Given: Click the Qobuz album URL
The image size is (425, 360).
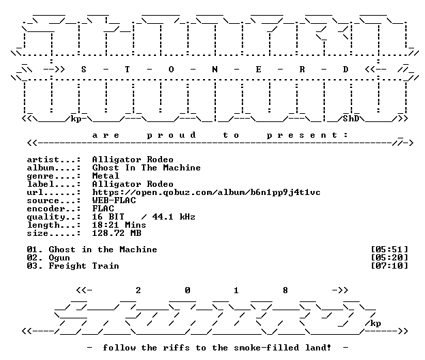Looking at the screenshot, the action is click(x=206, y=193).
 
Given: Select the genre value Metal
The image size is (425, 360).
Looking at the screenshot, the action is click(x=106, y=176).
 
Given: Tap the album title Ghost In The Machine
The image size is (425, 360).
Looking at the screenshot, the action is click(x=146, y=168).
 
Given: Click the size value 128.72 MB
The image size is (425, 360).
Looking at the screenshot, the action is click(x=116, y=233).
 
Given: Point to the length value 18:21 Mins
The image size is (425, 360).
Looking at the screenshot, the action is click(x=119, y=225).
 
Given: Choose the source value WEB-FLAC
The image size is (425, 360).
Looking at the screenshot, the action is click(x=114, y=200).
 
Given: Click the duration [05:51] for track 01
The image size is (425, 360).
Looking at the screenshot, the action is click(x=389, y=250).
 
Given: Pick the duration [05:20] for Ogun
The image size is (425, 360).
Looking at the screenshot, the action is click(x=389, y=258).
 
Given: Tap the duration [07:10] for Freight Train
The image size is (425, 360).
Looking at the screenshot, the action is click(x=389, y=266).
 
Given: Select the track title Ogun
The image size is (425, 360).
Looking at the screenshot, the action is click(x=59, y=258).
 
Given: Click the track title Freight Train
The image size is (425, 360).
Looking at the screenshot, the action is click(x=84, y=266).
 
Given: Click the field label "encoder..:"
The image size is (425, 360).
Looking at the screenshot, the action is click(x=53, y=209).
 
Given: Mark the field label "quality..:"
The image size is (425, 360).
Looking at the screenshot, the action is click(x=53, y=217).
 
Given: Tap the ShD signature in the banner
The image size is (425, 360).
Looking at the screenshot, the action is click(x=351, y=119).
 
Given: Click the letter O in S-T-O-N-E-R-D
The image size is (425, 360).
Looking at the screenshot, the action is click(x=171, y=70).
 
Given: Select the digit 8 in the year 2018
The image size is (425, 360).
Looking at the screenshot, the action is click(x=285, y=290).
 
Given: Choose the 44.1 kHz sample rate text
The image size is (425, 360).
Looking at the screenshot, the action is click(x=174, y=217).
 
